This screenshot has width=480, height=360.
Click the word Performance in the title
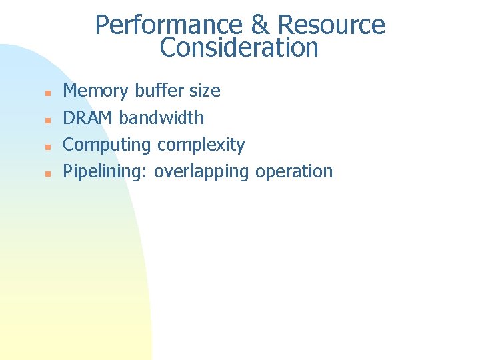coord(169,25)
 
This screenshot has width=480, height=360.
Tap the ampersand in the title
coord(260,25)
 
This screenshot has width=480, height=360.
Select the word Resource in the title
coord(331,25)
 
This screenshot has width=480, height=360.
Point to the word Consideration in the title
coord(239,48)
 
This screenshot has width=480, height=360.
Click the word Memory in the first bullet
coord(96,91)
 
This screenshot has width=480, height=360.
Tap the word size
coord(205,91)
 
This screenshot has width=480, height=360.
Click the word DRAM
coord(88,117)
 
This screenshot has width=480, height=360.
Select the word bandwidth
coord(161,117)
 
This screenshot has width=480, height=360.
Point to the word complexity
coord(201,145)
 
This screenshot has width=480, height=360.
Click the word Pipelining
coord(103,171)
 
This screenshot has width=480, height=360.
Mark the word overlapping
coord(202,171)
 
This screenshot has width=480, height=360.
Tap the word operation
coord(294,171)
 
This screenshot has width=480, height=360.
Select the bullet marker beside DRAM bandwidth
coord(47,119)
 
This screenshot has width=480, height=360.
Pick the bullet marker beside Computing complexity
coord(47,145)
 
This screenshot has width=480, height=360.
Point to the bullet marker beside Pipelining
coord(47,172)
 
